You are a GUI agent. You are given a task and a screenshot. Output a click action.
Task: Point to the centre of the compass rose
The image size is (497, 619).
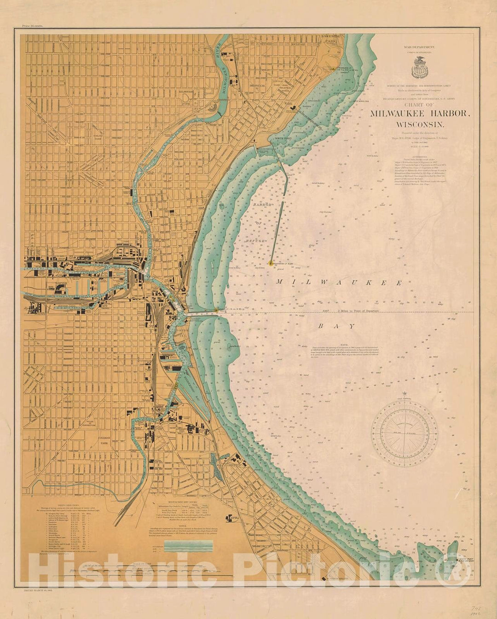(x=405, y=434)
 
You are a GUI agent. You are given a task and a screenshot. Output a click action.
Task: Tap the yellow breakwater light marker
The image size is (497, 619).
(x=270, y=263)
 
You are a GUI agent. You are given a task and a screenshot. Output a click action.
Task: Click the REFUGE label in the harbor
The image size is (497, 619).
(x=255, y=240)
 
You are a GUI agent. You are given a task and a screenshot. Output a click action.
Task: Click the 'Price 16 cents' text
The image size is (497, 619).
(x=33, y=26)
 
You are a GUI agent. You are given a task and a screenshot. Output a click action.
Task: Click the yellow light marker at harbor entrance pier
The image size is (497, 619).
(x=216, y=311)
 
